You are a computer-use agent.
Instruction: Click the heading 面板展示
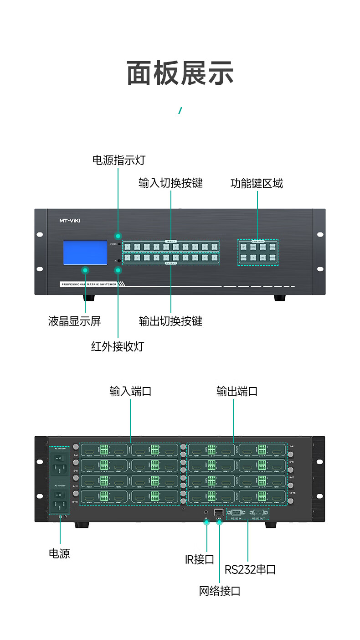(180, 73)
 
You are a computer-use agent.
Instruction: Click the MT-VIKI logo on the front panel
(70, 221)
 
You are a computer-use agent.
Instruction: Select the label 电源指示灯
(118, 160)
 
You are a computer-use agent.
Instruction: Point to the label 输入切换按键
(170, 183)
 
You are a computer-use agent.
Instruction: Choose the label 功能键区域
(257, 183)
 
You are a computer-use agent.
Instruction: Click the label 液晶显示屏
(74, 321)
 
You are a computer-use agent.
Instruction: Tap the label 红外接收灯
(118, 346)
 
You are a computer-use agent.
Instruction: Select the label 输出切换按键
(170, 321)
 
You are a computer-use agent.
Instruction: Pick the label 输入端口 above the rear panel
(130, 391)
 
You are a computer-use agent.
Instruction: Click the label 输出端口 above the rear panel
(237, 391)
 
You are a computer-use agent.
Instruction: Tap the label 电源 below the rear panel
(59, 553)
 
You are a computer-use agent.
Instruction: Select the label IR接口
(200, 559)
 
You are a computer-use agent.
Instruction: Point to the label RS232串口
(250, 569)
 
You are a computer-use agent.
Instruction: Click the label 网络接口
(220, 591)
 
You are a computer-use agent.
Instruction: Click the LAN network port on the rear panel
(219, 512)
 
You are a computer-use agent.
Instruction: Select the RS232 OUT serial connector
(259, 512)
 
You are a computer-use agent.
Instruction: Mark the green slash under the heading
(180, 110)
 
